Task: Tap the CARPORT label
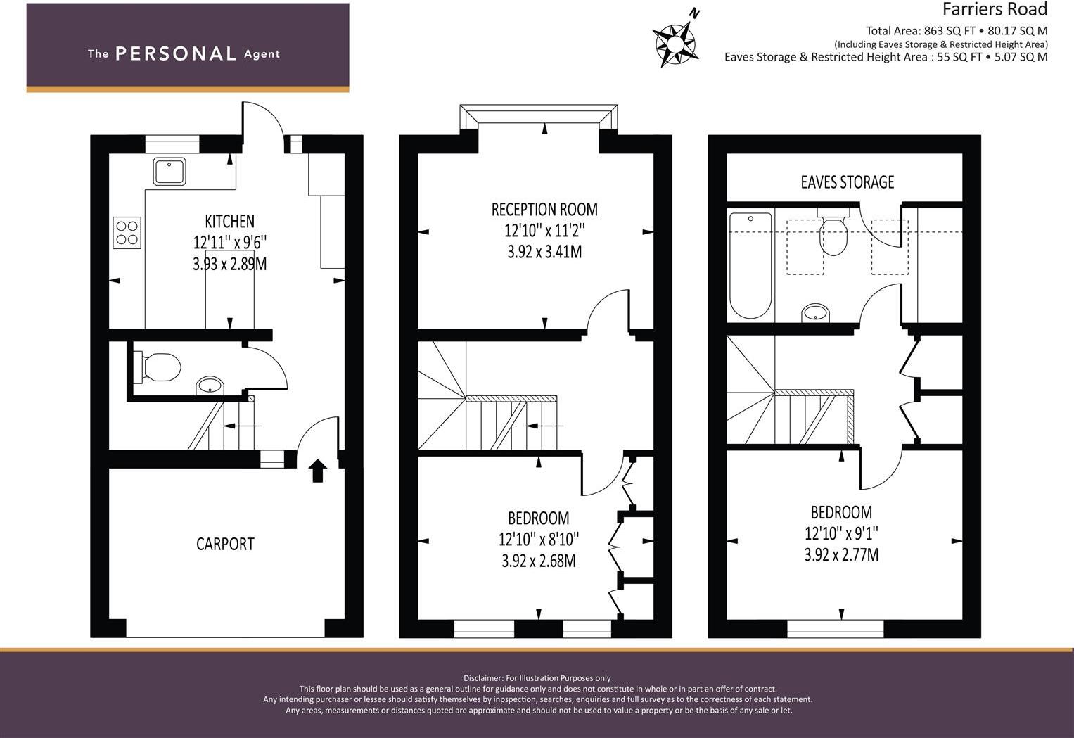pos(225,544)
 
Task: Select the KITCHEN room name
pos(230,221)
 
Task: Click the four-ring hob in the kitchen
pos(127,233)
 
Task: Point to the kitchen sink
pos(170,171)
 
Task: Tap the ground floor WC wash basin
pos(210,386)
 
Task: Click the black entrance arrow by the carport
pos(317,470)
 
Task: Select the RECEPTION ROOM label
pos(544,210)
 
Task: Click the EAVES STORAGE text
pos(848,182)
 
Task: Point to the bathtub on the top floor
pos(750,266)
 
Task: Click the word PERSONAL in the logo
pos(176,53)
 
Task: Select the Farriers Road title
pos(995,9)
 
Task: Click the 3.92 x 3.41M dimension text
pos(544,252)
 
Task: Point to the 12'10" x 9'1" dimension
pos(841,533)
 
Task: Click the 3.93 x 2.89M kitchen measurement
pos(230,265)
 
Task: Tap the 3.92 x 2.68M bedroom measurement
pos(539,561)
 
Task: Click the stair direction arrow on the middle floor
pos(544,426)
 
